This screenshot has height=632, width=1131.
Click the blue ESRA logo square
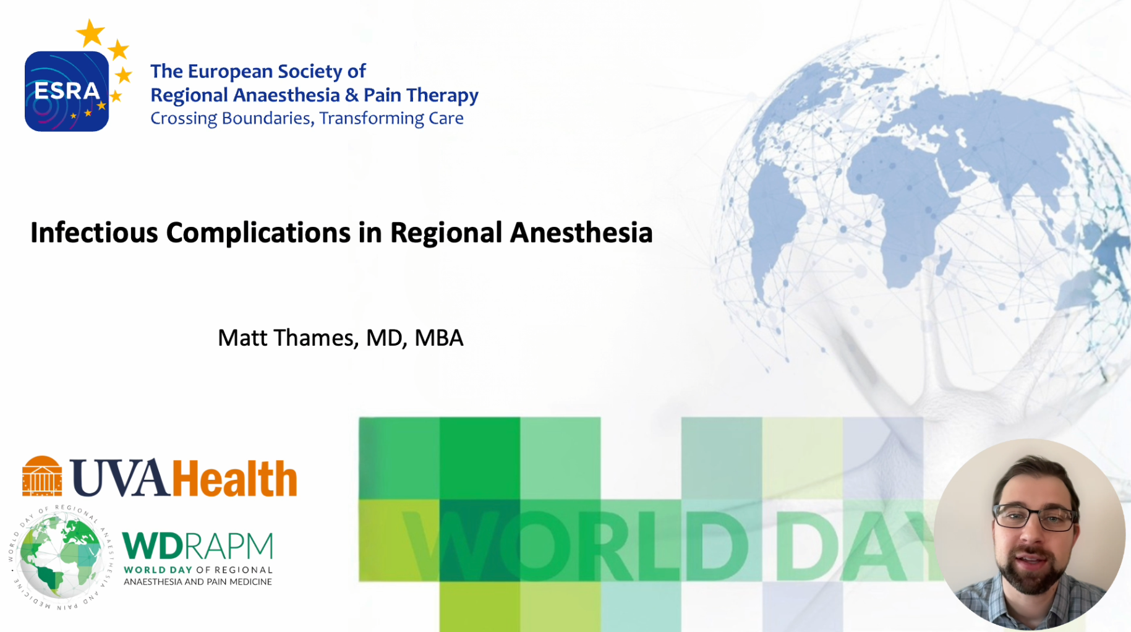click(67, 91)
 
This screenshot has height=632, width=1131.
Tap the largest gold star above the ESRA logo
click(90, 33)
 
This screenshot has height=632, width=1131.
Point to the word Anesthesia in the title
click(581, 233)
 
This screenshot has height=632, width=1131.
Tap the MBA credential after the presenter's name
click(439, 338)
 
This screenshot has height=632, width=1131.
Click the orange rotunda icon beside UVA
click(42, 476)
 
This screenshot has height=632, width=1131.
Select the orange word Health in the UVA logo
click(234, 478)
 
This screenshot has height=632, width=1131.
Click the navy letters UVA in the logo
click(120, 478)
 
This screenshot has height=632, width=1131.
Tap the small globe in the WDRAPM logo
click(61, 557)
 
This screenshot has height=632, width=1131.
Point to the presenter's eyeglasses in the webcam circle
click(1034, 516)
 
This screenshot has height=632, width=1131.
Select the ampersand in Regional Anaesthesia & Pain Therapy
click(352, 95)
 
